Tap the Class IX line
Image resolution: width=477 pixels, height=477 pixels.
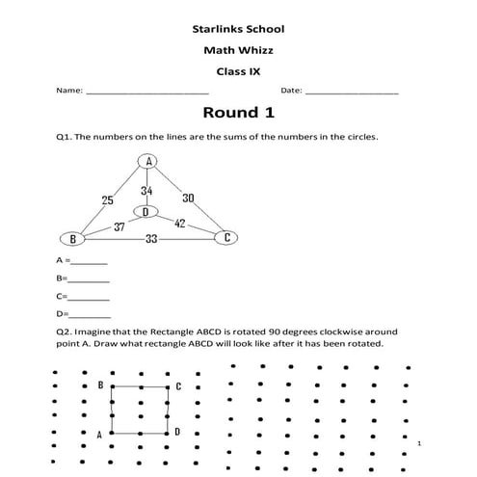(x=237, y=70)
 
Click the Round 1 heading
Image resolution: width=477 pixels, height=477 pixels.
(x=237, y=113)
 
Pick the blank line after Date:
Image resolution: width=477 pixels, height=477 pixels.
(x=352, y=92)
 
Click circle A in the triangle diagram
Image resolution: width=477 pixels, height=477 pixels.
(x=148, y=161)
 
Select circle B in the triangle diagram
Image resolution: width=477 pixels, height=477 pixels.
(x=68, y=238)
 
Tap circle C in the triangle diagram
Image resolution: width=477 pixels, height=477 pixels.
(x=226, y=237)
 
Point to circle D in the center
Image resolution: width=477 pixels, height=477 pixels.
(x=146, y=211)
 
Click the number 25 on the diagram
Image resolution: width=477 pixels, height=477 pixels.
(x=108, y=200)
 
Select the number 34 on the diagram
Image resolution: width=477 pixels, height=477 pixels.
(x=146, y=191)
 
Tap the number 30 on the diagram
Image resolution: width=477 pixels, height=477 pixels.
(x=188, y=198)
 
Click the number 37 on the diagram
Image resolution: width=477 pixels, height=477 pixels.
(x=119, y=227)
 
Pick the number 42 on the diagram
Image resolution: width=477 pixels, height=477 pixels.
(x=179, y=223)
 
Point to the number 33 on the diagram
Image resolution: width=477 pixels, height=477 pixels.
(x=151, y=239)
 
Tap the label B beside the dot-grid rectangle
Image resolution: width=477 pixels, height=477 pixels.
(x=100, y=385)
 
